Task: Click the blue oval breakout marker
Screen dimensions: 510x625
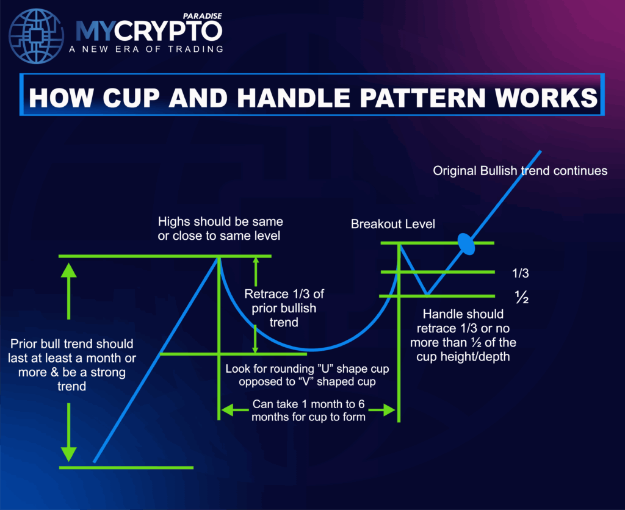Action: click(467, 243)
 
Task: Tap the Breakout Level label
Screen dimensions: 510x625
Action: click(393, 224)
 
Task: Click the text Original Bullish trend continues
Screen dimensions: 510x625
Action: click(520, 171)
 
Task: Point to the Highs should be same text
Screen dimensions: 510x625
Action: click(220, 228)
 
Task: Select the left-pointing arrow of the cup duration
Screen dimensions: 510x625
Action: click(228, 411)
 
